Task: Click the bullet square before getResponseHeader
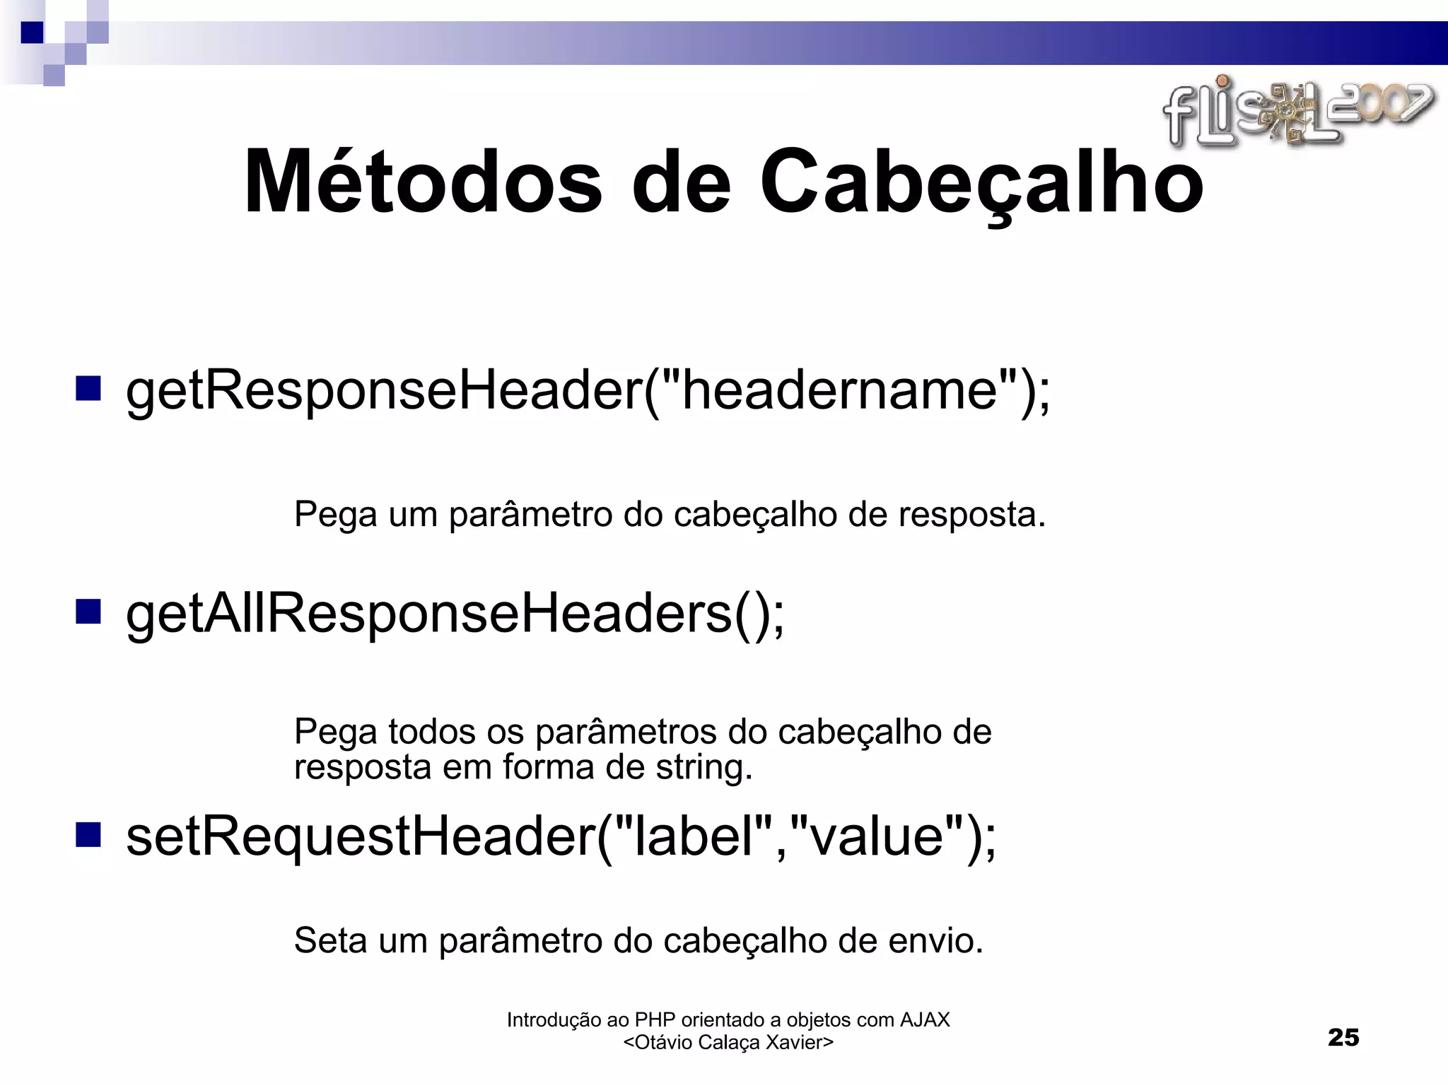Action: click(88, 388)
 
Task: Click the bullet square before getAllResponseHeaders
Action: click(88, 612)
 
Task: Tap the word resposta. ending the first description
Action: click(971, 515)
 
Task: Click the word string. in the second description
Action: click(703, 768)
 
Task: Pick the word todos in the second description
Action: click(431, 732)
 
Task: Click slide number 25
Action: click(1343, 1037)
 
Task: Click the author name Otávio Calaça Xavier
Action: click(728, 1042)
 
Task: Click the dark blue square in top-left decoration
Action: click(32, 33)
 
